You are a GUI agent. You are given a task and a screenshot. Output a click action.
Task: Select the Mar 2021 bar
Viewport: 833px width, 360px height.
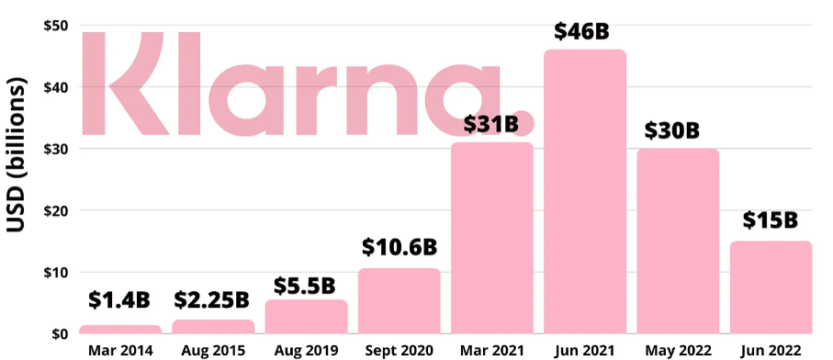(492, 238)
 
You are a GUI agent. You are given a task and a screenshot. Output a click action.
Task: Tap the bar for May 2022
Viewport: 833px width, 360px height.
(678, 241)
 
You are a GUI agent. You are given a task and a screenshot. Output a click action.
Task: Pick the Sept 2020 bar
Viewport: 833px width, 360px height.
(399, 300)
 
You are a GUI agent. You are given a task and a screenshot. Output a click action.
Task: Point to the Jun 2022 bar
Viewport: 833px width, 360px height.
(771, 287)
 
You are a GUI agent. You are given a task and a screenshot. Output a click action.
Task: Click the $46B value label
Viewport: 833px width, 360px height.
(582, 30)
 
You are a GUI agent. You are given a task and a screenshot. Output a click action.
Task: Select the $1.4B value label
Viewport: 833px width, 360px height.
(119, 299)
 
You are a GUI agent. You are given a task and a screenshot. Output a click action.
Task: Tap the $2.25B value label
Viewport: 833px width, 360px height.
(212, 299)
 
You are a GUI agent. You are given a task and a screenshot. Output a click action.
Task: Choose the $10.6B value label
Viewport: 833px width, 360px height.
(398, 247)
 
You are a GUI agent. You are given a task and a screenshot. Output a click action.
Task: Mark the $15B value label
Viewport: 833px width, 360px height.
(770, 220)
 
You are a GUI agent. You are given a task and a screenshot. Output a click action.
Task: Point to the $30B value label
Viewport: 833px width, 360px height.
(677, 130)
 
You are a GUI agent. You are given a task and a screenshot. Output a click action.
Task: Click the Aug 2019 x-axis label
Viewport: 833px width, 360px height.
(306, 350)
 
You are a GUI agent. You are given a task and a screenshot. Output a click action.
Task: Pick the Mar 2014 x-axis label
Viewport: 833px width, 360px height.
(119, 350)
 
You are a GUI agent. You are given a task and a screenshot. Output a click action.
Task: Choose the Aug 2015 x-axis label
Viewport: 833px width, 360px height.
(212, 350)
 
